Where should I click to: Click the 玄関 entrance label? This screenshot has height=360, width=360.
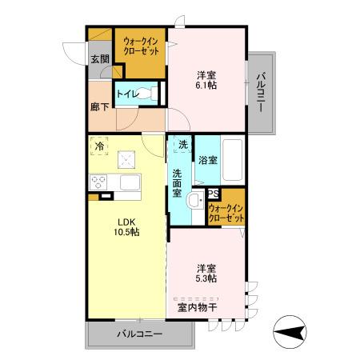coord(100,59)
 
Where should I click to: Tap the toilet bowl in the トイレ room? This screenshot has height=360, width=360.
coord(147,94)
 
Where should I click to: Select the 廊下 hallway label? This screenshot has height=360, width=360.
coord(99,107)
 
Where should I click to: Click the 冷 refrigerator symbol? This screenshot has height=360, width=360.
coord(99,146)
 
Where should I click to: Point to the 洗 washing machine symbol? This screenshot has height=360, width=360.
coord(183,144)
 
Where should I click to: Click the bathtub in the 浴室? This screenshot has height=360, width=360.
coord(233,160)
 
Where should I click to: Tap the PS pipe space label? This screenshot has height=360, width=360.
coord(214,194)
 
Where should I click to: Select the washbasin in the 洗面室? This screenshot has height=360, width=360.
coord(196,199)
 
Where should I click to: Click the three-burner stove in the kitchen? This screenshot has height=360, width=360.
coord(98,182)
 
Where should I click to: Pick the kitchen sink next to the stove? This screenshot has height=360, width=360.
coord(130,182)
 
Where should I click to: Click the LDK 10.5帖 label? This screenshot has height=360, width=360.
coord(126,227)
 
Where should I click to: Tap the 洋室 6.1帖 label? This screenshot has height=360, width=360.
coord(206,80)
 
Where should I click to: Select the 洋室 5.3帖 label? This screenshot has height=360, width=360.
coord(206,274)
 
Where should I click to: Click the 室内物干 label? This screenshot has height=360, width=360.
coord(197,308)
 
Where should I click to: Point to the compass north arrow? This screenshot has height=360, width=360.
coord(290,332)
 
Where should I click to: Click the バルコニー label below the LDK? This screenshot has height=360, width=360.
coord(140,334)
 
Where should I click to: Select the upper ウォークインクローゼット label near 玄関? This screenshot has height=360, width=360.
coord(141,46)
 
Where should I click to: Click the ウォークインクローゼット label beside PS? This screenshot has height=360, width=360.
coord(226,213)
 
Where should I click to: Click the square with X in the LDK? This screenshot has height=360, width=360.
coord(126,159)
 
